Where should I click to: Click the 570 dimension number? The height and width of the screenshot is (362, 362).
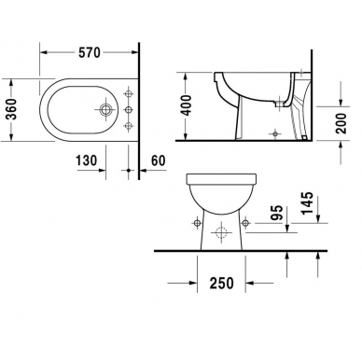tap(90, 52)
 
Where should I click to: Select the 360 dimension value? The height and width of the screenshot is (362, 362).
tap(12, 109)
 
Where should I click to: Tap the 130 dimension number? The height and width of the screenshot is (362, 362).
tap(87, 160)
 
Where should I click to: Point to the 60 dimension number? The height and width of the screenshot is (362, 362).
tap(159, 160)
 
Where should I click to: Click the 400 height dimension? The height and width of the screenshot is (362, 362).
tap(187, 105)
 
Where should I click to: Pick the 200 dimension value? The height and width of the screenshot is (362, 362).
tap(341, 123)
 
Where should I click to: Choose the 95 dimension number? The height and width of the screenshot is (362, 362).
tap(276, 213)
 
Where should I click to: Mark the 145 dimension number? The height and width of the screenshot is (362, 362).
tap(307, 203)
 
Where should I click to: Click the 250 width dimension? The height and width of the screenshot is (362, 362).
tap(221, 283)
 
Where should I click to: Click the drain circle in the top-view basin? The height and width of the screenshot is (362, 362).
tap(105, 110)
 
